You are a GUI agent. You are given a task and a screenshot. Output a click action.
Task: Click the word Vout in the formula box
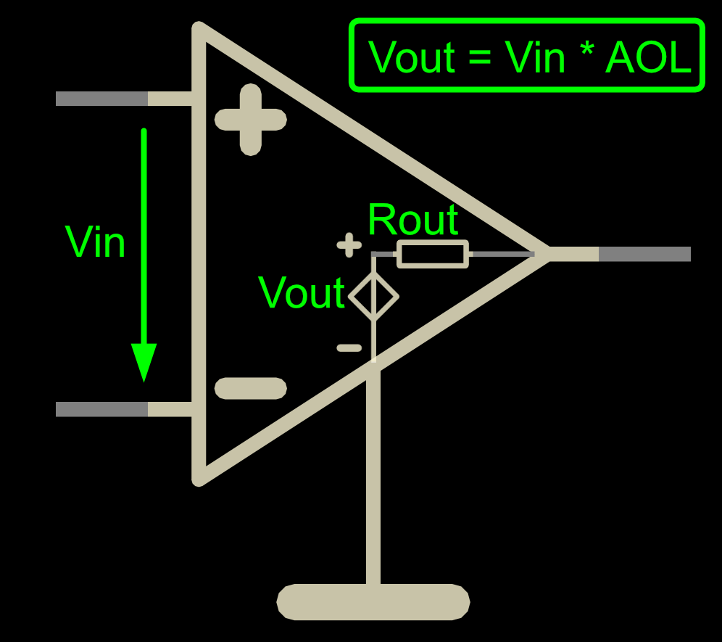[x=412, y=57]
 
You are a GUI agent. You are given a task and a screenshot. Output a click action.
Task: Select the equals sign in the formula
[x=480, y=59]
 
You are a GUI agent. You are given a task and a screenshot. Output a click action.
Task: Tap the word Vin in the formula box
[x=534, y=57]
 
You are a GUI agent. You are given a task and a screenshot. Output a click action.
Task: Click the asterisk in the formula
[x=586, y=49]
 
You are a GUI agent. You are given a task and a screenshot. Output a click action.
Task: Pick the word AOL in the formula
[x=649, y=57]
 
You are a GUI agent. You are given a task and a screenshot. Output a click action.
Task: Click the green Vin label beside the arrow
[x=95, y=242]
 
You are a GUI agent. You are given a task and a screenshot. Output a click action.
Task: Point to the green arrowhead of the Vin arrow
[x=144, y=363]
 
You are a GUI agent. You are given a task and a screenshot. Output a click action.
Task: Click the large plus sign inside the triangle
[x=251, y=120]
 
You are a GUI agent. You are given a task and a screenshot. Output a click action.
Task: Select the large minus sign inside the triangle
[x=251, y=388]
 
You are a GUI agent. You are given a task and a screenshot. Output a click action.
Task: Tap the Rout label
[x=413, y=219]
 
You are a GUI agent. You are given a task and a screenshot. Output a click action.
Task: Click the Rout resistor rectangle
[x=433, y=254]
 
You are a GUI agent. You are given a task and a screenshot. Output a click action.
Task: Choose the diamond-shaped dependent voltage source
[x=373, y=297]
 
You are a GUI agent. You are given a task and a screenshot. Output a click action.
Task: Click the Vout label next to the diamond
[x=302, y=292]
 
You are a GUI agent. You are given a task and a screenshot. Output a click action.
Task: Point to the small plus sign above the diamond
[x=349, y=245]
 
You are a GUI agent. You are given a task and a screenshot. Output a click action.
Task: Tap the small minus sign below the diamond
[x=349, y=348]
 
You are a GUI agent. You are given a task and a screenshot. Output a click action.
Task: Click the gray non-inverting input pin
[x=101, y=99]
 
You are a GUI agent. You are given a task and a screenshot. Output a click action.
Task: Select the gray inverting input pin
[x=101, y=409]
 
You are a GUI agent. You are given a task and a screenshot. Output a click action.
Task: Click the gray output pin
[x=644, y=254]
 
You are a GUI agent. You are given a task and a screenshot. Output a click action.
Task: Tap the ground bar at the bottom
[x=373, y=602]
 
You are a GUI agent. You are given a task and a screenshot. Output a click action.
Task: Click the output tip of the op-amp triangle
[x=549, y=254]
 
